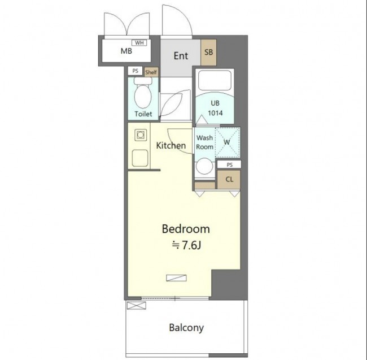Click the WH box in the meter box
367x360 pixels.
[x=139, y=43]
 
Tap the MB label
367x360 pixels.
[x=126, y=51]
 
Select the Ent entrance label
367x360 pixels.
[x=181, y=56]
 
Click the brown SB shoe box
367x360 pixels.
[x=208, y=52]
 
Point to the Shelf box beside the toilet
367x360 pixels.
[x=151, y=72]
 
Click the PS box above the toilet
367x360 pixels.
[x=136, y=71]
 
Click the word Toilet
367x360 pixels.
[x=143, y=114]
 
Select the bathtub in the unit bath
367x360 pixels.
[x=215, y=80]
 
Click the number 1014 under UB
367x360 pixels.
[x=215, y=113]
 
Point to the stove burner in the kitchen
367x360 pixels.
[x=141, y=135]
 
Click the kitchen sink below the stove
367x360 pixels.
[x=140, y=158]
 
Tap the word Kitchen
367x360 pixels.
[x=171, y=145]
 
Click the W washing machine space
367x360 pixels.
[x=228, y=142]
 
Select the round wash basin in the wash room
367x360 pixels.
[x=204, y=166]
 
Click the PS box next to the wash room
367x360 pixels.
[x=229, y=164]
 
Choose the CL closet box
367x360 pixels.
[x=229, y=179]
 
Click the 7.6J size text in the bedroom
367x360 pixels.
[x=186, y=245]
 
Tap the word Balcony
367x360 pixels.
[x=186, y=328]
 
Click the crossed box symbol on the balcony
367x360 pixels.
[x=137, y=305]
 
